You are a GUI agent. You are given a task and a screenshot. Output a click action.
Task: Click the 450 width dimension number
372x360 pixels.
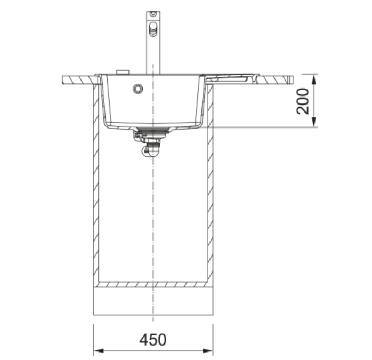[x=153, y=340]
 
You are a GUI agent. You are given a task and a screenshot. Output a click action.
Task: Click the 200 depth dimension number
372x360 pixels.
[x=303, y=101]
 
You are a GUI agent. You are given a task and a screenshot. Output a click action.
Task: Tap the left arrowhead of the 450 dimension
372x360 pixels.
[x=99, y=350]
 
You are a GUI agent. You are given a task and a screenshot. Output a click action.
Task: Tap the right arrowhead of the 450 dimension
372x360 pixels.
[x=208, y=350]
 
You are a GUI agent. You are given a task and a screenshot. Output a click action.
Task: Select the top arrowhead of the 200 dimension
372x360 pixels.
[x=313, y=79]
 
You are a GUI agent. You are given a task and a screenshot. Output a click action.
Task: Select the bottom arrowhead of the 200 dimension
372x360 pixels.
[x=313, y=122]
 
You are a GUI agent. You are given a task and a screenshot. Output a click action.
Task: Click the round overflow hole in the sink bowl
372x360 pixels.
[x=138, y=89]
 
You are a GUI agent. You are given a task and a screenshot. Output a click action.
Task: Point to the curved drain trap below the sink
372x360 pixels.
[x=149, y=149]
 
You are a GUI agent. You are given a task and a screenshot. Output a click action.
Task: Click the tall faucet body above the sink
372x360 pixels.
[x=153, y=43]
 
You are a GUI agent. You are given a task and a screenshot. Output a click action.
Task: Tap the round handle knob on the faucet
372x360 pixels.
[x=153, y=28]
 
